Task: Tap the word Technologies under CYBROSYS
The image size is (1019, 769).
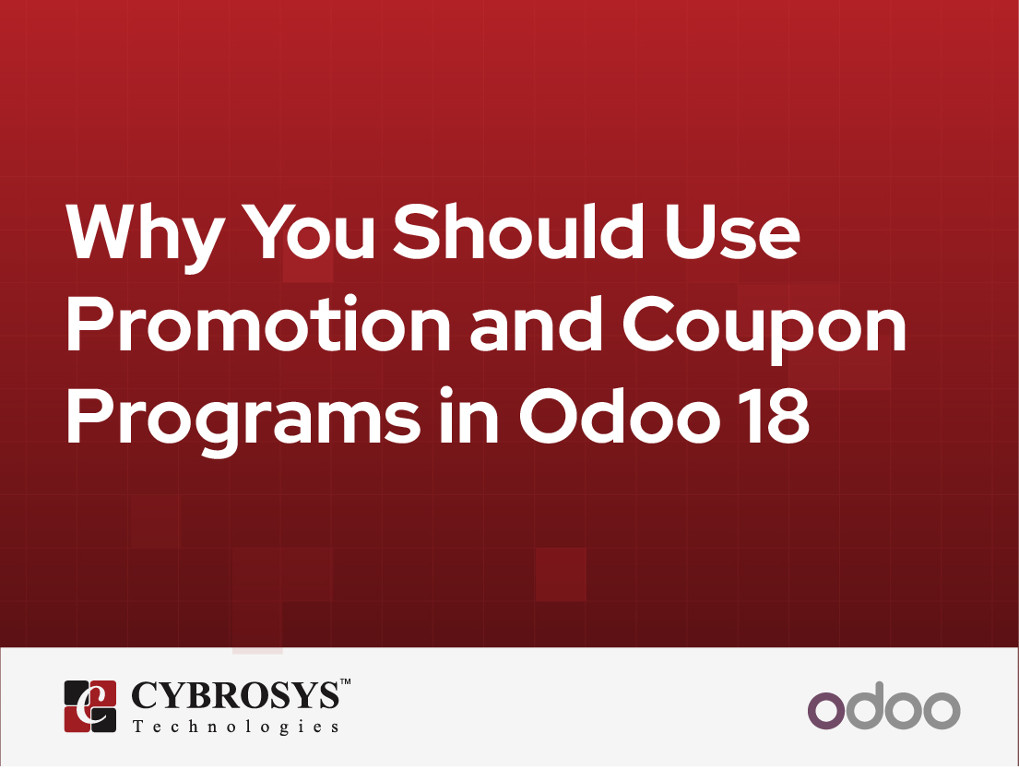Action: [235, 727]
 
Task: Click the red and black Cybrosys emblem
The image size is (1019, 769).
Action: [90, 706]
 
